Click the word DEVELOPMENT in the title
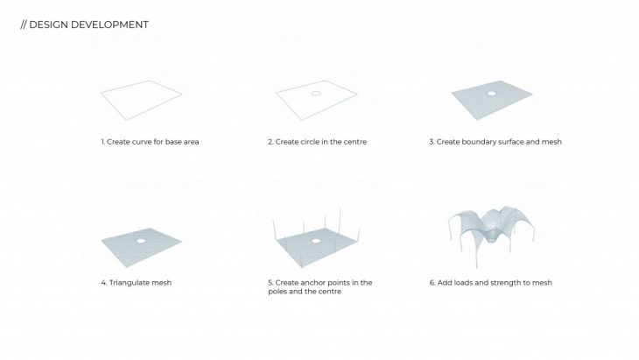pyautogui.click(x=109, y=25)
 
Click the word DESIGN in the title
pyautogui.click(x=48, y=25)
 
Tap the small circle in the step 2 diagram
pyautogui.click(x=316, y=94)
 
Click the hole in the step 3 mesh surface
pyautogui.click(x=492, y=94)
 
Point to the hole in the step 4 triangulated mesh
pyautogui.click(x=141, y=241)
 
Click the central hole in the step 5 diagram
pyautogui.click(x=316, y=241)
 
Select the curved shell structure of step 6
pyautogui.click(x=491, y=229)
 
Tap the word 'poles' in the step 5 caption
pyautogui.click(x=277, y=292)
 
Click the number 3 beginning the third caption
pyautogui.click(x=432, y=142)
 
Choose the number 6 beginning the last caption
pyautogui.click(x=432, y=283)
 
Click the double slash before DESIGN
pyautogui.click(x=24, y=25)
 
